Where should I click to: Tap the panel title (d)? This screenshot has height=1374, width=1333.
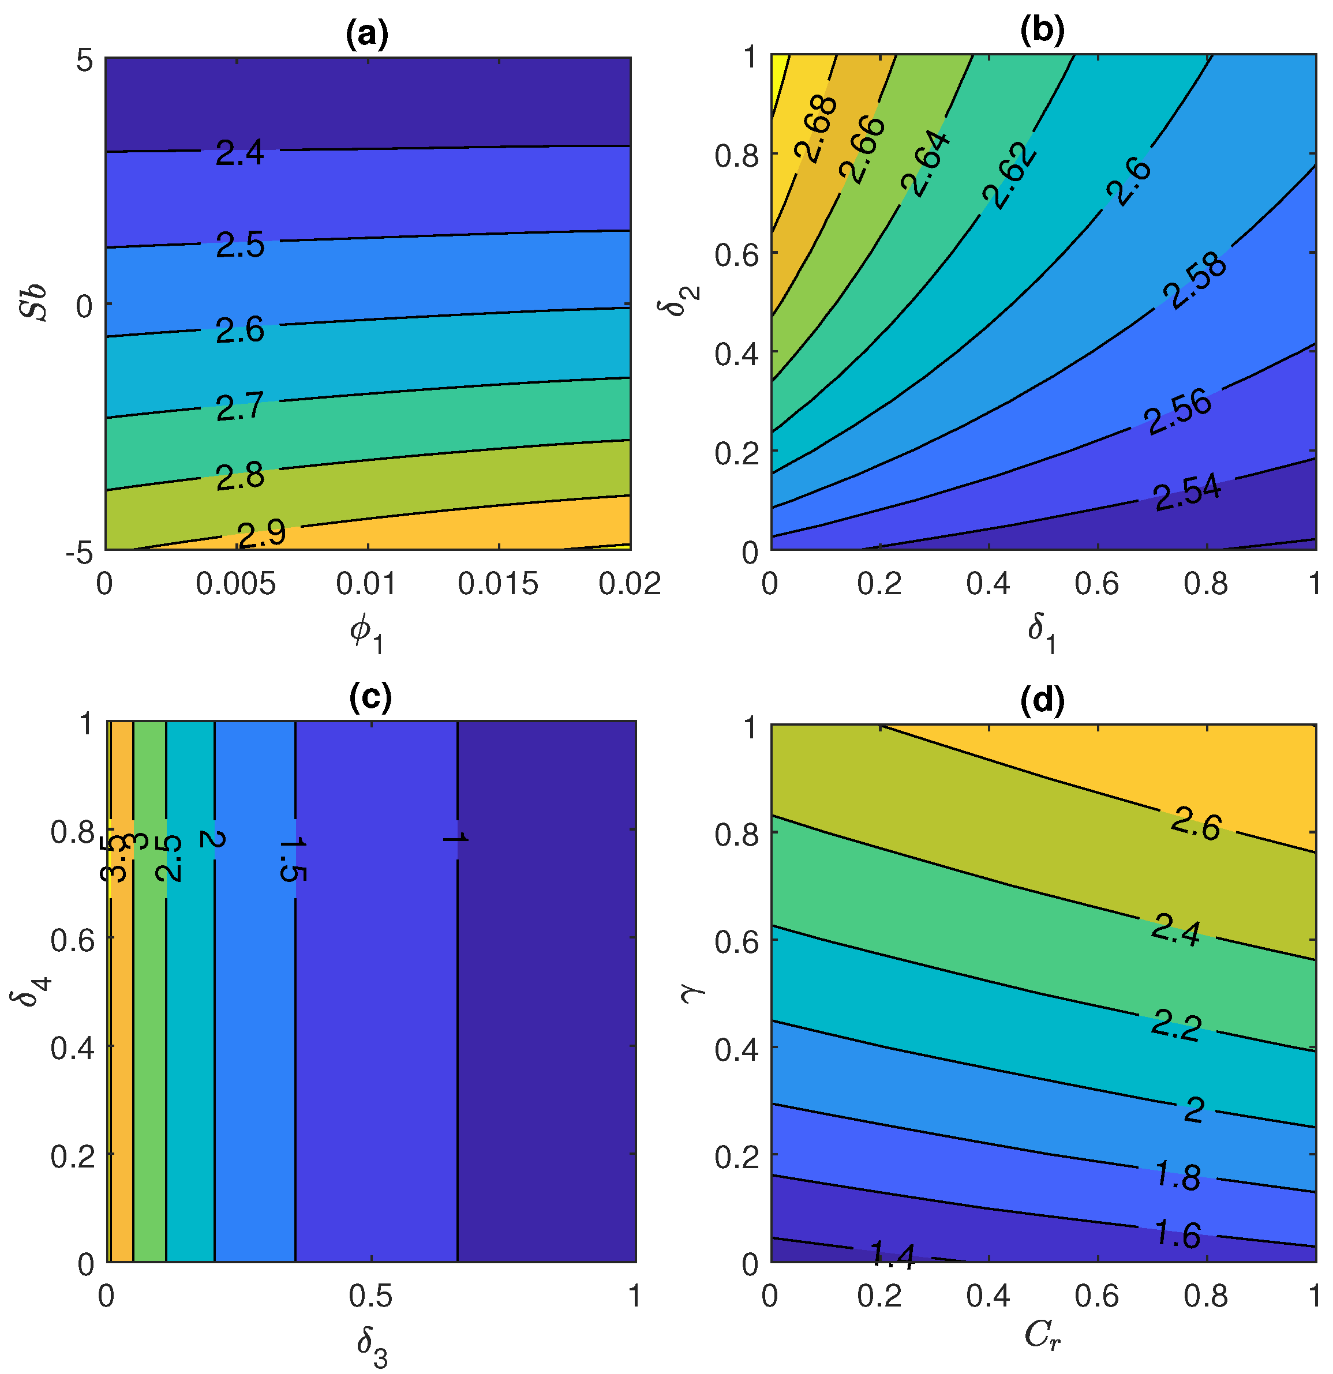tap(1042, 700)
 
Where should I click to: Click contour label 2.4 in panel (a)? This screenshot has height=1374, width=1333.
tap(240, 152)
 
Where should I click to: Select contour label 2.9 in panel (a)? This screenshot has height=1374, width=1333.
tap(261, 534)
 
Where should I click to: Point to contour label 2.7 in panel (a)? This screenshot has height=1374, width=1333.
tap(240, 407)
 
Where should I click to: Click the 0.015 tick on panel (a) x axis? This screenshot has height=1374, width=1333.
tap(498, 583)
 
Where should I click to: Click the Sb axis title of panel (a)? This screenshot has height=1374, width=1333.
tap(33, 303)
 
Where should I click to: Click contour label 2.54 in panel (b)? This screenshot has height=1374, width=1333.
tap(1187, 493)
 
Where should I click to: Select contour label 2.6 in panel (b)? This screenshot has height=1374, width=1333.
tap(1129, 182)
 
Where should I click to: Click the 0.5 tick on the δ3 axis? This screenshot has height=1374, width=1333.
tap(370, 1296)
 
